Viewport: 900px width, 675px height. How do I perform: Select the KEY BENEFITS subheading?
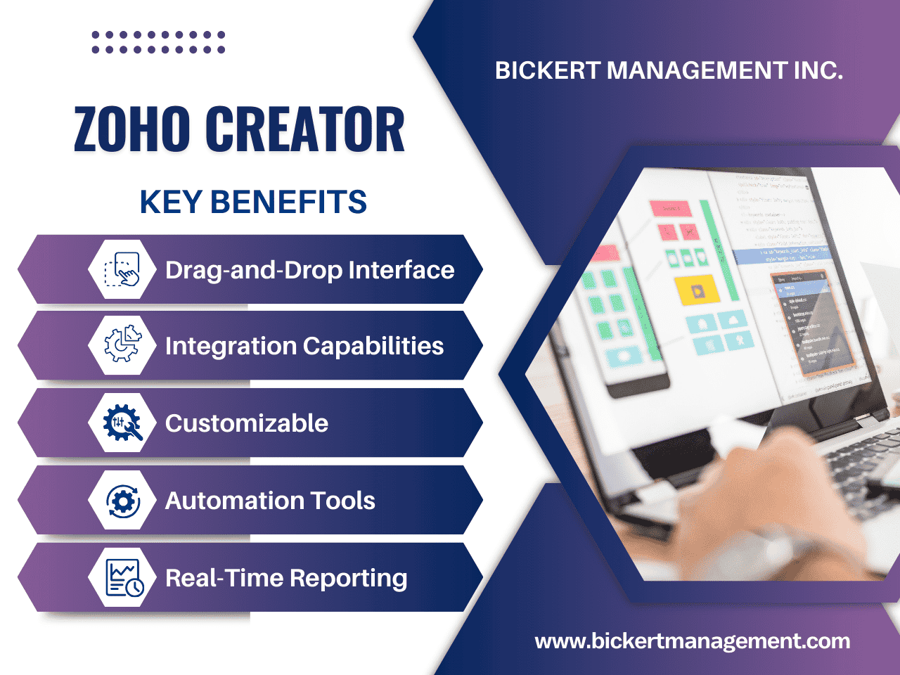(253, 202)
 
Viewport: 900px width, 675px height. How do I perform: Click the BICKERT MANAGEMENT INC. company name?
(669, 70)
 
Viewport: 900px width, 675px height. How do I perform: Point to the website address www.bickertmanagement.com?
(692, 641)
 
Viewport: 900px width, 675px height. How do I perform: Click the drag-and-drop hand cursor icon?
(122, 269)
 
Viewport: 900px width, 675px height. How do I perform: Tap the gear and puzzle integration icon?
(122, 345)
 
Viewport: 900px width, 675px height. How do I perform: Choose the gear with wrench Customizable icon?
(122, 423)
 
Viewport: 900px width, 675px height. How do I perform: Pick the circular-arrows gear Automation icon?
(122, 501)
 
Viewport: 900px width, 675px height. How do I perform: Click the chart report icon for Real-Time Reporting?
(122, 578)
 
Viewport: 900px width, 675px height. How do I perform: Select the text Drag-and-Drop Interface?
(309, 270)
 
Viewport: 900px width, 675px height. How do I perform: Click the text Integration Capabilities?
(304, 346)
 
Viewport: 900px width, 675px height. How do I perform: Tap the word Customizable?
(246, 423)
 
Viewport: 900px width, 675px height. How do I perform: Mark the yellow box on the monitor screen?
(696, 288)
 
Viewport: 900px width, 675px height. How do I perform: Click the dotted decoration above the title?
(158, 42)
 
